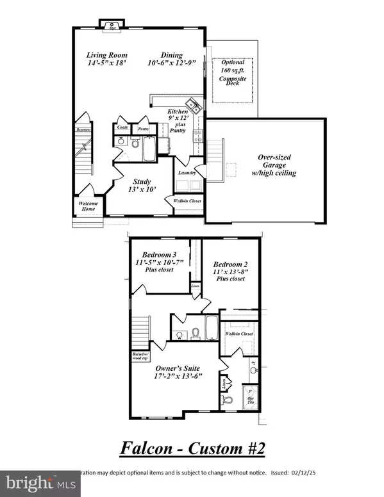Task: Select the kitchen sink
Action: pyautogui.click(x=192, y=104)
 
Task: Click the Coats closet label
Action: pyautogui.click(x=122, y=127)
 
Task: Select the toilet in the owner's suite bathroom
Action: pyautogui.click(x=226, y=400)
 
